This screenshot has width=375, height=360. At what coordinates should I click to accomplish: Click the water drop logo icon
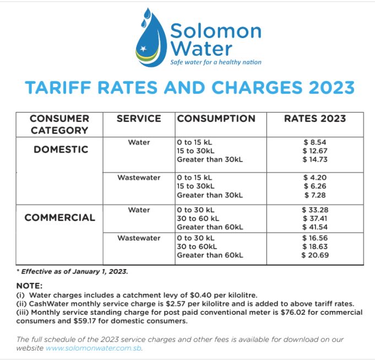point(150,39)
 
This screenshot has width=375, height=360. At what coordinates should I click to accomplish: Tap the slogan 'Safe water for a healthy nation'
point(215,62)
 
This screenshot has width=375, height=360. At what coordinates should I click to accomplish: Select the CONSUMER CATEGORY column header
point(59,124)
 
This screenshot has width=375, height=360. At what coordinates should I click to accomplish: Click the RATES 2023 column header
point(315,119)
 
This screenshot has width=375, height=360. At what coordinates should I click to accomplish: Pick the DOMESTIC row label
point(61,150)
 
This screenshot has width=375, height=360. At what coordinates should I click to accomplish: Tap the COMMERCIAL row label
point(59,217)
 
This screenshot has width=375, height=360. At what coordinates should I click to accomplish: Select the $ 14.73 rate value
point(314,159)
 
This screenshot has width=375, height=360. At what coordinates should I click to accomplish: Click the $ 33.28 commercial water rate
point(314,209)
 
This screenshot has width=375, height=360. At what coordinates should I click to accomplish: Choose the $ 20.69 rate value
point(314,255)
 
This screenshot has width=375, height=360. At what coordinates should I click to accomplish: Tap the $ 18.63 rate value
point(314,246)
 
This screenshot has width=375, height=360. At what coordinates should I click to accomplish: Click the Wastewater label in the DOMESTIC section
point(139,178)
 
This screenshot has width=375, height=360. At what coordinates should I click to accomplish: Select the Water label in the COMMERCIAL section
point(139,209)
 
